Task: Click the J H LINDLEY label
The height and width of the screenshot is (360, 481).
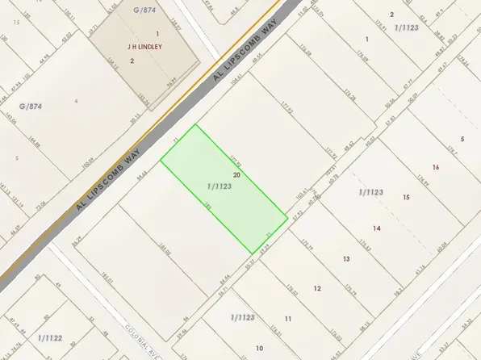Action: [x=145, y=47]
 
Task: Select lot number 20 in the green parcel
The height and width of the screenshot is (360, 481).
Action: [x=236, y=174]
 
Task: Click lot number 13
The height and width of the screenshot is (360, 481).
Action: [x=345, y=258]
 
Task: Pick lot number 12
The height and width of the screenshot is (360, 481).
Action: [x=317, y=288]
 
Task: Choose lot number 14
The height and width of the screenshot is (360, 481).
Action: [x=376, y=228]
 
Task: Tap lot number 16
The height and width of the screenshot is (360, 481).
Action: [x=435, y=167]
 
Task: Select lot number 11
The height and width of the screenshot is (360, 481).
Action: [x=287, y=319]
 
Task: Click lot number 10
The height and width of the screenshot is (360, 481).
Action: [x=259, y=348]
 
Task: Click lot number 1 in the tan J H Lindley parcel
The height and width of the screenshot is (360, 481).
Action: [x=157, y=33]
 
